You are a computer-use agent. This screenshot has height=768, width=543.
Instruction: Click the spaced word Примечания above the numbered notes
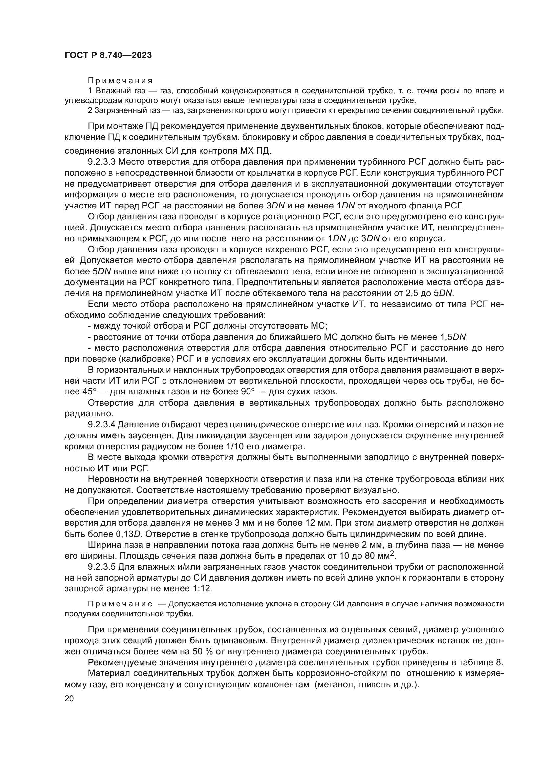[x=120, y=81]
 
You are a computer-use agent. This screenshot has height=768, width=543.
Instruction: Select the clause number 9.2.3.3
[x=102, y=162]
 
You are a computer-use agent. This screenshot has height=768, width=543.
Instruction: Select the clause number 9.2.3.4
[x=102, y=425]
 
